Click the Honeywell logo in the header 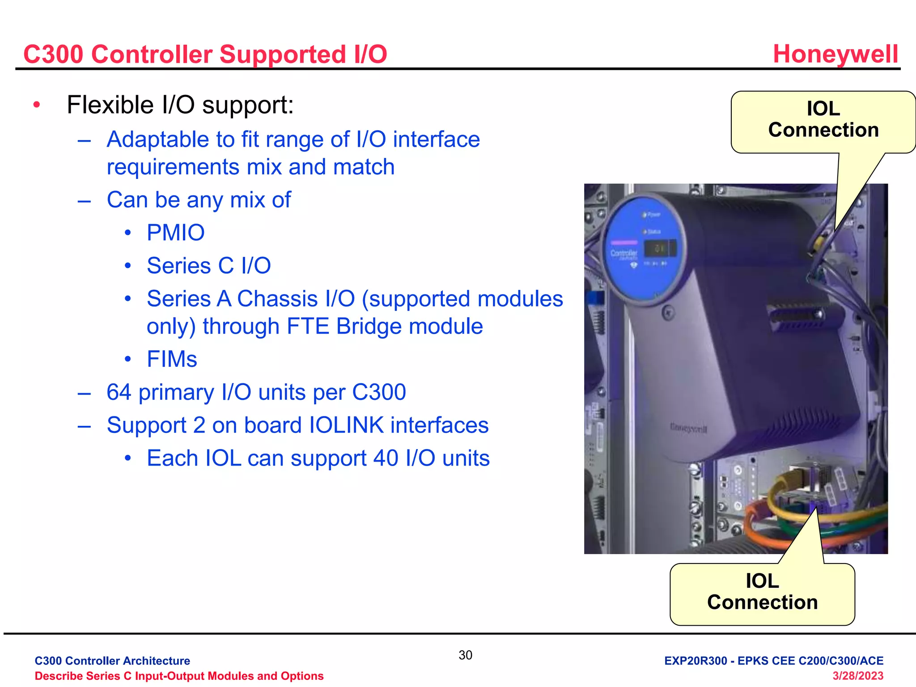835,54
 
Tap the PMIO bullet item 175,233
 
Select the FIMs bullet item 172,359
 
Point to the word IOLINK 346,425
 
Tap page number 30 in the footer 465,655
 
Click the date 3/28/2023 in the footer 857,676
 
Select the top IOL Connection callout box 823,120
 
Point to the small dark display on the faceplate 659,249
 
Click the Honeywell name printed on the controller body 688,428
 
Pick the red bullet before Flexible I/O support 37,105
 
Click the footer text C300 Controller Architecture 112,661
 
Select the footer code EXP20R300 695,661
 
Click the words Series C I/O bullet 208,266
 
